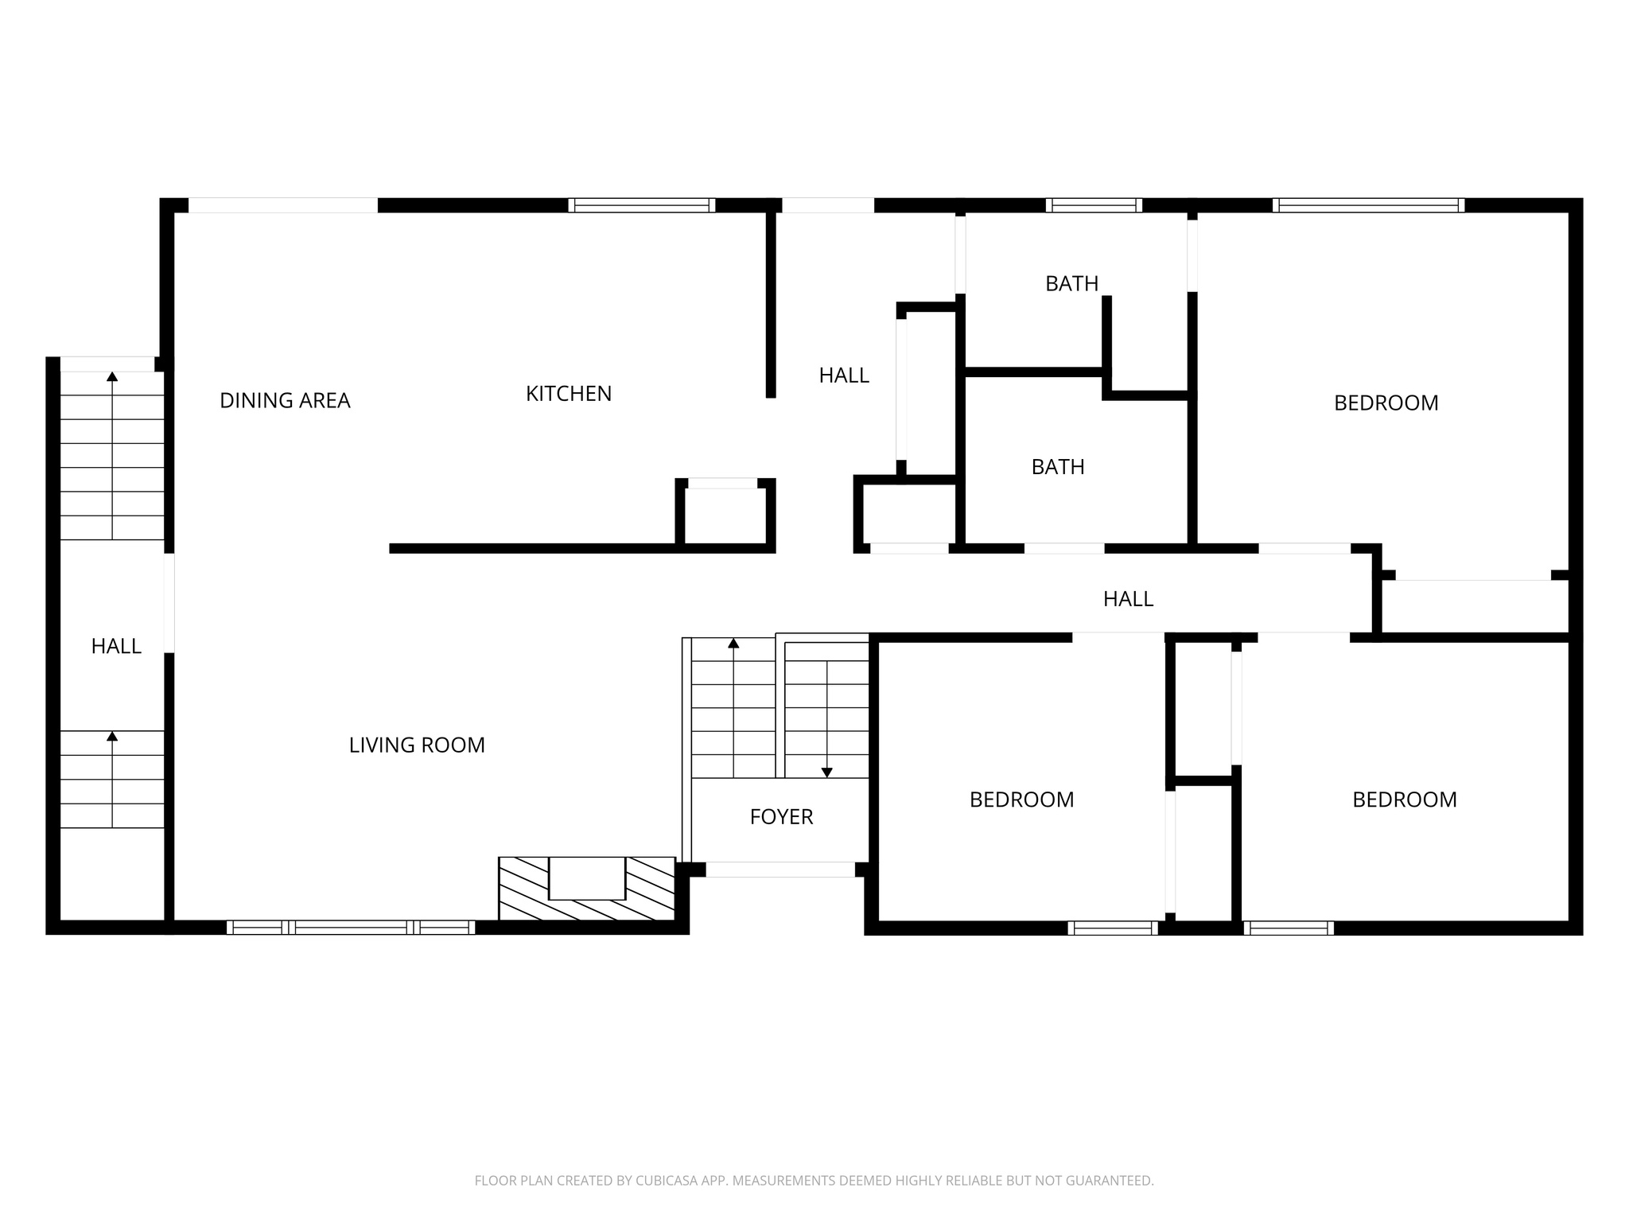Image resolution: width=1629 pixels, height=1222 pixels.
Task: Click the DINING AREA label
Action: (x=285, y=400)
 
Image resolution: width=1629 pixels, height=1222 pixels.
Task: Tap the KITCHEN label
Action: (x=569, y=394)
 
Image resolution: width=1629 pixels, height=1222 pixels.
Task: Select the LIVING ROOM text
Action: (x=417, y=745)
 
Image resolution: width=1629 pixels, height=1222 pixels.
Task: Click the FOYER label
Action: (x=781, y=817)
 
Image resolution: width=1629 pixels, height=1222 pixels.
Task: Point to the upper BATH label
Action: (x=1071, y=283)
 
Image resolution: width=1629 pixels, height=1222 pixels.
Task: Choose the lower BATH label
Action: (x=1057, y=467)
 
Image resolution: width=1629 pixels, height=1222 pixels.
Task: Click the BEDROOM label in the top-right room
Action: (x=1386, y=403)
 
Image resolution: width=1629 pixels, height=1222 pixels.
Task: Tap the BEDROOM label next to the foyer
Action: (x=1021, y=800)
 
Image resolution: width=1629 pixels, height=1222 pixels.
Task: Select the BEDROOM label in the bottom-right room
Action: (x=1404, y=800)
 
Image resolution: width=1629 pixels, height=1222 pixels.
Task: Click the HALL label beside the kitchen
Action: (x=844, y=376)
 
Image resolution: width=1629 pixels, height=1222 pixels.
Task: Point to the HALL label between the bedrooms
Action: (x=1128, y=599)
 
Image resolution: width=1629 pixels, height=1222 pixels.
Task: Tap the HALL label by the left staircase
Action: (x=116, y=647)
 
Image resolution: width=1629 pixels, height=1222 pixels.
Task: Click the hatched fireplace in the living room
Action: (x=587, y=889)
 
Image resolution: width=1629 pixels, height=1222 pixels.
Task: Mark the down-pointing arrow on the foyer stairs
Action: (x=826, y=772)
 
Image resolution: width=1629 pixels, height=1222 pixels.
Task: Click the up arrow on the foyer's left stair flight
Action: (x=733, y=643)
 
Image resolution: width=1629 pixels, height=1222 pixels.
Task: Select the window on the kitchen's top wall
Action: (x=641, y=205)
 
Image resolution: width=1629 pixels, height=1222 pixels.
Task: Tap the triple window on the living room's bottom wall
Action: (x=351, y=927)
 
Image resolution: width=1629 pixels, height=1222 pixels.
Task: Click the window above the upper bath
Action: (x=1094, y=205)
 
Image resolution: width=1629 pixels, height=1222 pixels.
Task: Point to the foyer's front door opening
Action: (x=780, y=870)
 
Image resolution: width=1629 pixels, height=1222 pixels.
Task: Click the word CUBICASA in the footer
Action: (x=667, y=1181)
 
